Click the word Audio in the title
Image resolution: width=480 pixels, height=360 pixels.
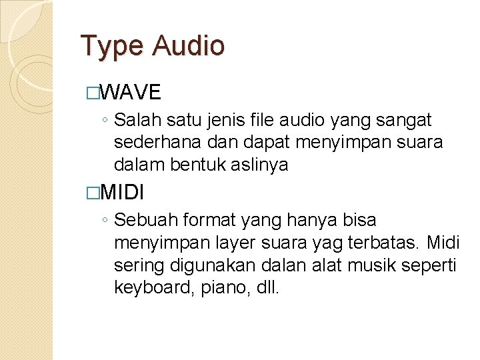point(189,45)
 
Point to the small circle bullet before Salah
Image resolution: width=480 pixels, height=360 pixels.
point(105,121)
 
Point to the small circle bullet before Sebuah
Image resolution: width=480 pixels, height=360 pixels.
point(105,221)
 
